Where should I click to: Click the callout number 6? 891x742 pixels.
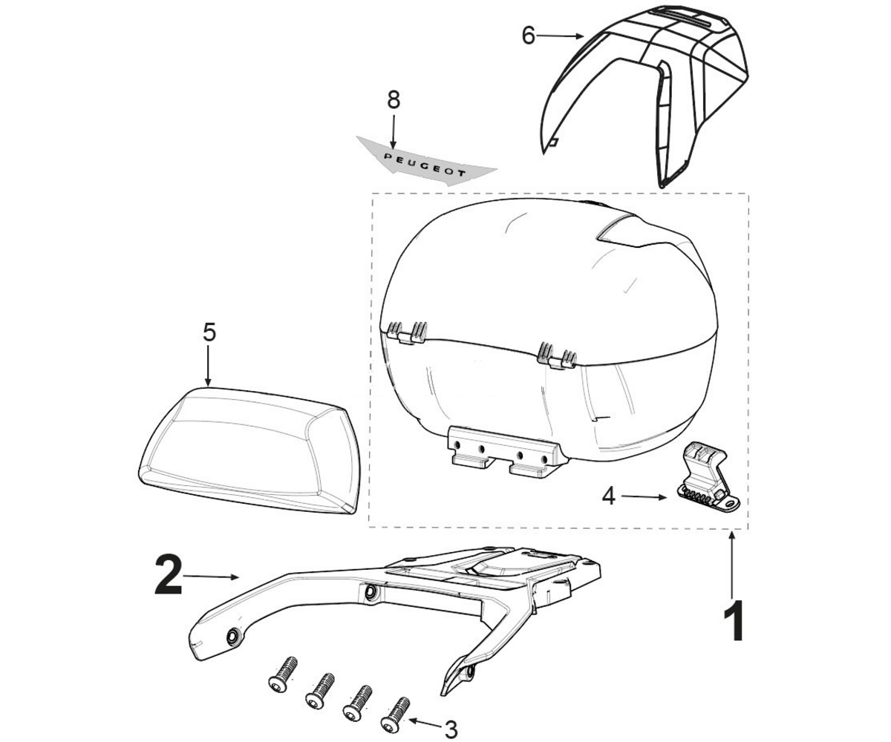(528, 36)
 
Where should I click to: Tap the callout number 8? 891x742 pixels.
(394, 100)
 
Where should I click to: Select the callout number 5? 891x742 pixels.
(209, 332)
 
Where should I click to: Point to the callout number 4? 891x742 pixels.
(609, 497)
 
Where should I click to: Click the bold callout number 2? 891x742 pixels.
(169, 574)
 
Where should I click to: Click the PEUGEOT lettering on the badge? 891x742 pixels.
(425, 165)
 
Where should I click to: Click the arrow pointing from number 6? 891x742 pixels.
(560, 36)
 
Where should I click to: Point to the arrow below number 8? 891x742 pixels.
(393, 130)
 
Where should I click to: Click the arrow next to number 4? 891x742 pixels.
(644, 497)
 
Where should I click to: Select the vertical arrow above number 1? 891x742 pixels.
(732, 564)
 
